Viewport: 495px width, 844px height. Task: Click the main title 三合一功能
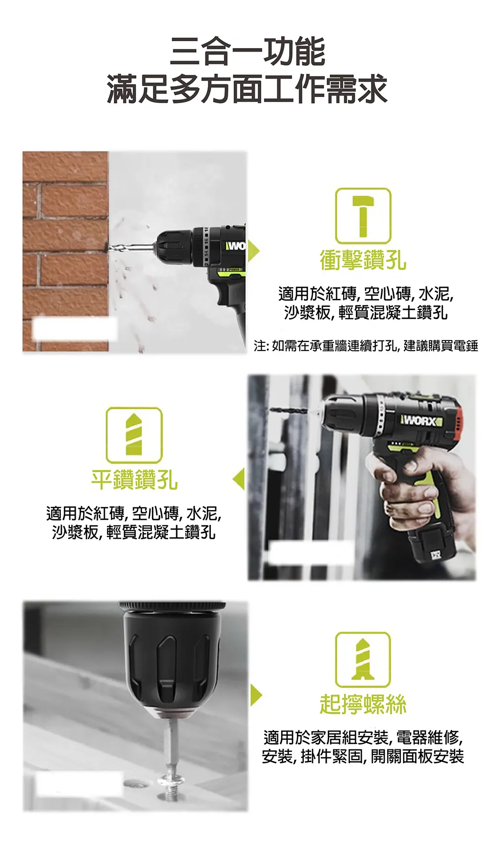[x=247, y=52]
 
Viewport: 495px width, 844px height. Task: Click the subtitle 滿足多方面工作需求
[x=247, y=89]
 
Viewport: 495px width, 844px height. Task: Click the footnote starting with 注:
[x=366, y=345]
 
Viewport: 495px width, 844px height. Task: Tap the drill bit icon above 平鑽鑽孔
[x=134, y=435]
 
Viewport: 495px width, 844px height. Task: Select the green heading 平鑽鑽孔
[x=134, y=480]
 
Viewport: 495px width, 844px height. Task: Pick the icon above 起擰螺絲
[x=363, y=659]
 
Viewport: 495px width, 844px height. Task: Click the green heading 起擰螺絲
[x=363, y=704]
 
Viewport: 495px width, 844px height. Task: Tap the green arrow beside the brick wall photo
[x=253, y=251]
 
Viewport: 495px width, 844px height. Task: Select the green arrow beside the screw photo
[x=255, y=695]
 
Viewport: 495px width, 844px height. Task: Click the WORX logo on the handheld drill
[x=421, y=421]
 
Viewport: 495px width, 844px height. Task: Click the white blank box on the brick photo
[x=74, y=328]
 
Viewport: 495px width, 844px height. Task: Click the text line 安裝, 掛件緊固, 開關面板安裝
[x=363, y=757]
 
